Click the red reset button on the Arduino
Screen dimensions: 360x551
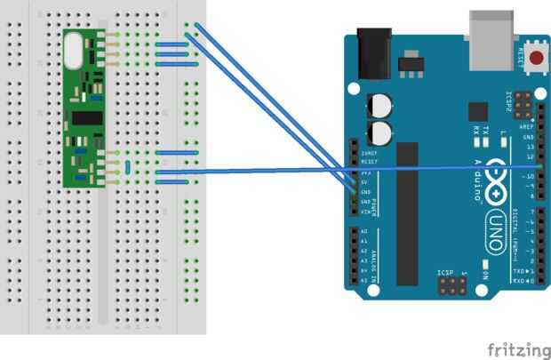click(537, 59)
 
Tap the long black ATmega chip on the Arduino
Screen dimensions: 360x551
click(407, 213)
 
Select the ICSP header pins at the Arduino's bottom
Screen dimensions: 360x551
click(451, 286)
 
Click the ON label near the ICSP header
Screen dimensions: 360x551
click(485, 276)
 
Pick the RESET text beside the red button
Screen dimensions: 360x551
click(521, 59)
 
